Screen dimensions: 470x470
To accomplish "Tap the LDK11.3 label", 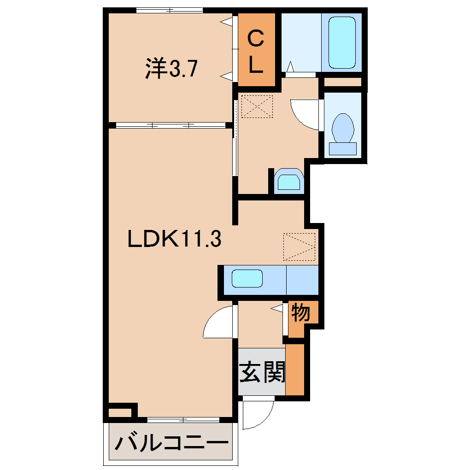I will click(x=175, y=239).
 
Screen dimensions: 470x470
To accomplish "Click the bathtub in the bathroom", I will click(x=341, y=42).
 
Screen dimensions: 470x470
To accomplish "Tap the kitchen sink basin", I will click(x=247, y=279).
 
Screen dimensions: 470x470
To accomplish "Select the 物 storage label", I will click(x=301, y=313).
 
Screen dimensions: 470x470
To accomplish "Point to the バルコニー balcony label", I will click(x=171, y=444).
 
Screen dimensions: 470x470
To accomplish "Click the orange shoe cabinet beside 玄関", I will click(x=295, y=370).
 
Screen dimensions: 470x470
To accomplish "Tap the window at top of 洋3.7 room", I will click(x=170, y=10).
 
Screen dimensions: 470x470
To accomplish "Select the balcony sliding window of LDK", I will click(x=183, y=419).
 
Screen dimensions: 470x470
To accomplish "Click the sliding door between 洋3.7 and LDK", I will click(x=170, y=125).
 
